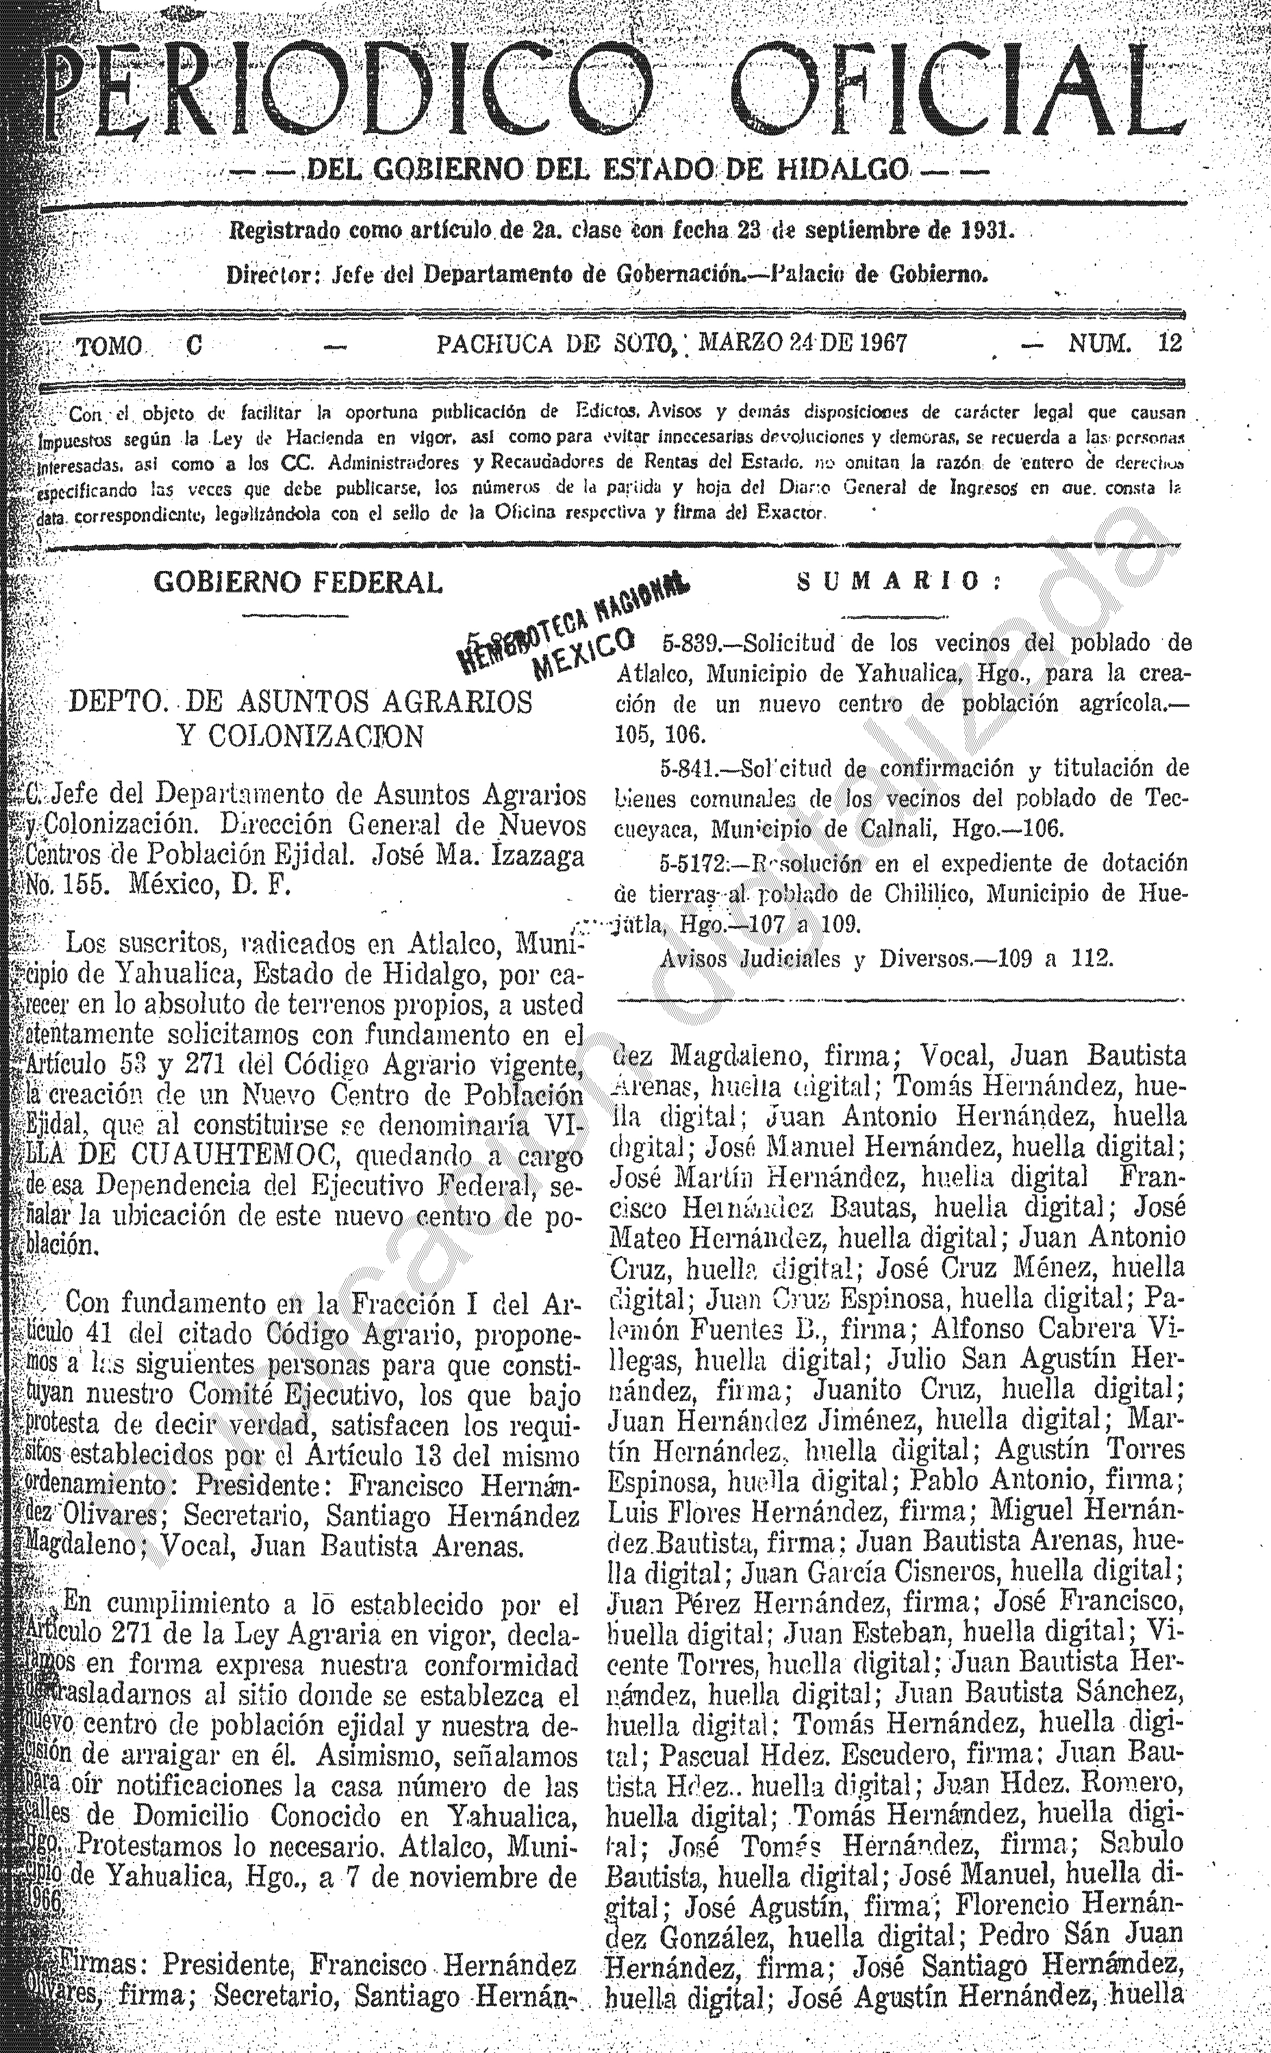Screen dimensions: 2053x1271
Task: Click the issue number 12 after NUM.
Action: (1168, 344)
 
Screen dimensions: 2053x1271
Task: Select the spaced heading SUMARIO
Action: (899, 581)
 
